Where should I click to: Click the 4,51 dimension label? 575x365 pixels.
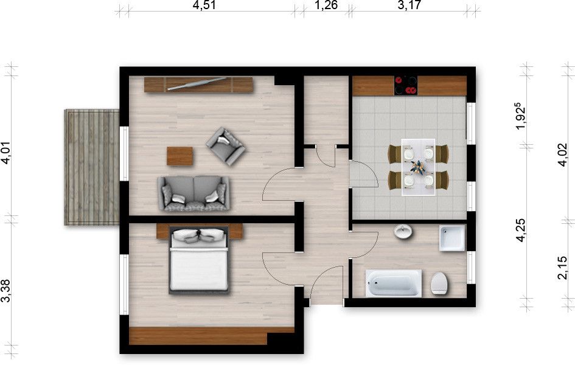click(204, 5)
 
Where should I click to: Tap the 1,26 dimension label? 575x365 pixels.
click(326, 5)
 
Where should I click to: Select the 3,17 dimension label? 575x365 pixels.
click(409, 5)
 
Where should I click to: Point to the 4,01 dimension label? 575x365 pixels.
click(6, 153)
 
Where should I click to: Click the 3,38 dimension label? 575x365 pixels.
click(6, 291)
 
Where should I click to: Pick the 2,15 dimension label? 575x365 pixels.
click(562, 268)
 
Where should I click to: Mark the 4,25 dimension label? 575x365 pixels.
click(521, 231)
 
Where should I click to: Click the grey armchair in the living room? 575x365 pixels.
click(226, 146)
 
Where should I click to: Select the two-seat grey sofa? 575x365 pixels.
click(193, 193)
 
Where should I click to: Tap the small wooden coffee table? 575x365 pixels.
click(179, 156)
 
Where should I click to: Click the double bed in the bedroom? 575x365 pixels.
click(199, 260)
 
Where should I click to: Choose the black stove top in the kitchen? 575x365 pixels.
click(406, 85)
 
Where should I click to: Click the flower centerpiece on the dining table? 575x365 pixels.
click(417, 167)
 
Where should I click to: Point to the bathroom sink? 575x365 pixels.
click(403, 231)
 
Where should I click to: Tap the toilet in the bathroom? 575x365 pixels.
click(439, 283)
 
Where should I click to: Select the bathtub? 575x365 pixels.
click(394, 282)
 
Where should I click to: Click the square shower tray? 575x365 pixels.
click(452, 238)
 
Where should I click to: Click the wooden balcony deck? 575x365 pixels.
click(92, 167)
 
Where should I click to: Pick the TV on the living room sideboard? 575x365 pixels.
click(197, 83)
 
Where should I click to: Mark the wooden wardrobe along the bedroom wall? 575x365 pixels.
click(198, 336)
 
